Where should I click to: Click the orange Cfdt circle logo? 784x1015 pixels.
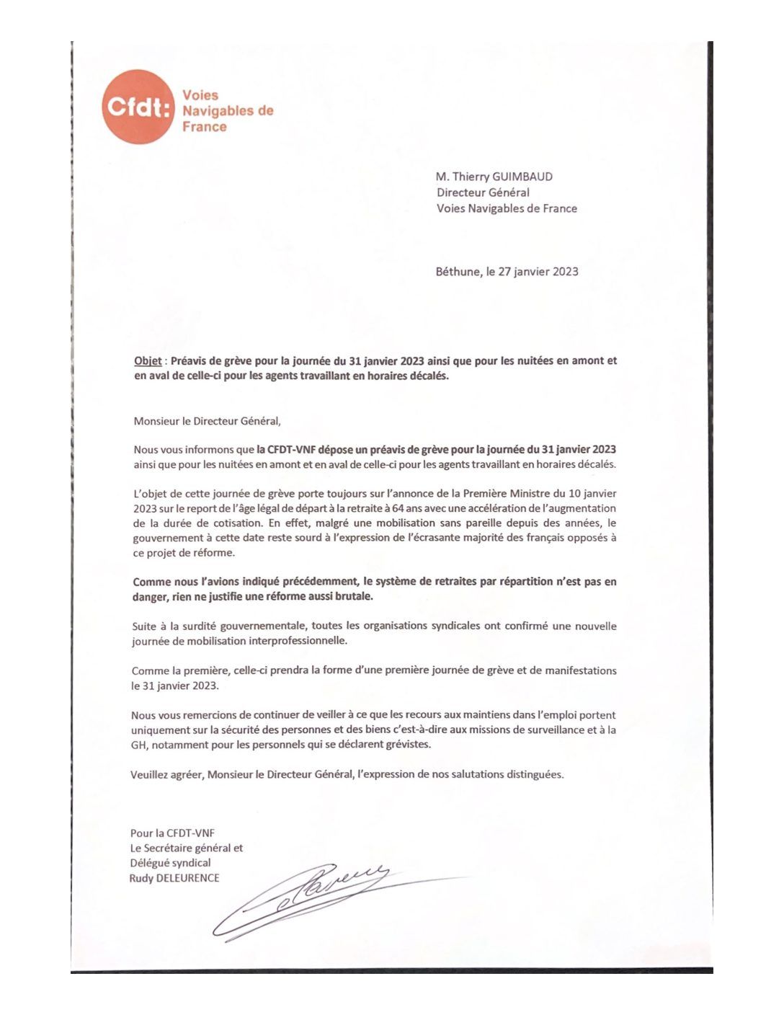(x=138, y=107)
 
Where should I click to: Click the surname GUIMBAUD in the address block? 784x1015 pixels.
(x=523, y=177)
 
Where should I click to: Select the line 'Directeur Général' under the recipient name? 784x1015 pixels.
(x=483, y=192)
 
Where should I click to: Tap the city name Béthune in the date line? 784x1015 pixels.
(x=457, y=272)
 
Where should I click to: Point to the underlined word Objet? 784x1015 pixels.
(x=148, y=361)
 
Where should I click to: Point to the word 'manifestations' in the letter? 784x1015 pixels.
(x=582, y=670)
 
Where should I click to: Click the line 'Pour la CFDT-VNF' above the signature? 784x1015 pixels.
(x=172, y=833)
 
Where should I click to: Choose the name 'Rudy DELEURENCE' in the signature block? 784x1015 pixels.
(x=174, y=878)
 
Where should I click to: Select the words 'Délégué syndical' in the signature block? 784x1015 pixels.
(x=171, y=863)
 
